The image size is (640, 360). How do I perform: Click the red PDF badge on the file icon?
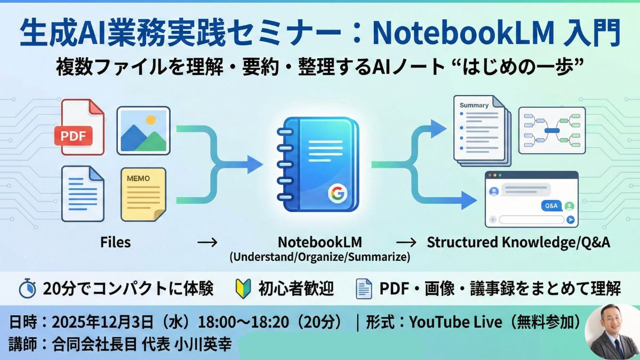click(74, 135)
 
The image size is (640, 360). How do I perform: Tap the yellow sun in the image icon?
click(151, 119)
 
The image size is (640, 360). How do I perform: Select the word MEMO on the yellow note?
click(138, 179)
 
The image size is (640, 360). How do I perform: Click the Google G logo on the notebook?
click(338, 194)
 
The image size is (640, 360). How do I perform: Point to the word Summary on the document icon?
click(474, 105)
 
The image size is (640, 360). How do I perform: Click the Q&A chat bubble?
click(551, 206)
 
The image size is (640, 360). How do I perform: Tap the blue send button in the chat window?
click(570, 219)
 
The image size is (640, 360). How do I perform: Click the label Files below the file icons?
click(115, 242)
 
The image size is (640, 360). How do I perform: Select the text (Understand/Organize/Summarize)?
click(320, 257)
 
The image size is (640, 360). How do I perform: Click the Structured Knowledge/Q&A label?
click(518, 242)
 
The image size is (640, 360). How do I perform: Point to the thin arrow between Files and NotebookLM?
click(207, 243)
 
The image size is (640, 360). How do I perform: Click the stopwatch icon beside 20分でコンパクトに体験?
click(27, 288)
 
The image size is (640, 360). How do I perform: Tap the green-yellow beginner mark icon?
click(243, 289)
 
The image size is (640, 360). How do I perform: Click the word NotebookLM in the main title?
click(463, 33)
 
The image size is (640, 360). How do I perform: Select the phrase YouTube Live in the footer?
click(455, 322)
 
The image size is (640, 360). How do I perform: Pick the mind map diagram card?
click(552, 131)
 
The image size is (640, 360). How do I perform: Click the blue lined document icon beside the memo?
click(83, 194)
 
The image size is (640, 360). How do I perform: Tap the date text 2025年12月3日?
click(103, 322)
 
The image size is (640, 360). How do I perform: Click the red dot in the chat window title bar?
click(490, 175)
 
